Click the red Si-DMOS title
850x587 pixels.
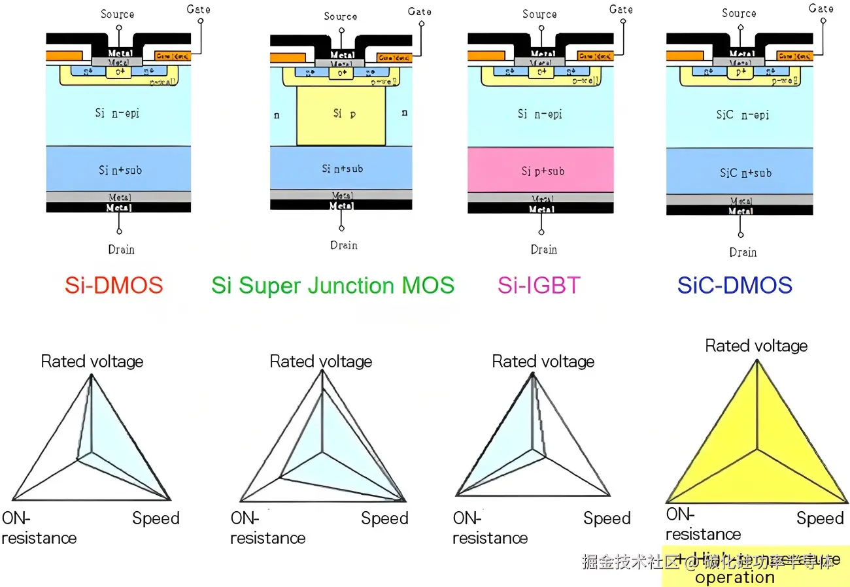point(114,286)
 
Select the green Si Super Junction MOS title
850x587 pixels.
point(333,286)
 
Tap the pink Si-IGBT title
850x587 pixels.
point(539,286)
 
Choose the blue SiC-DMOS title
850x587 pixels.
point(735,286)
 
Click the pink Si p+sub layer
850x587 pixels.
point(541,170)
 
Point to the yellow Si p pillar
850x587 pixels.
point(341,115)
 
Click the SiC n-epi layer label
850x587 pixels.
point(742,115)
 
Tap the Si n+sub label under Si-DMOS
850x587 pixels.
point(120,170)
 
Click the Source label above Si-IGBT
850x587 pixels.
point(539,14)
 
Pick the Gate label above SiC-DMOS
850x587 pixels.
point(821,8)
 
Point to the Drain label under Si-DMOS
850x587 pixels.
point(121,249)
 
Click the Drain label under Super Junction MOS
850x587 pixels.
point(343,245)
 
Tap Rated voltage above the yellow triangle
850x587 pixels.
point(756,346)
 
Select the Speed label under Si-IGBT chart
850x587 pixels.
point(607,518)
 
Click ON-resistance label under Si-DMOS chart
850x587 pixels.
point(39,528)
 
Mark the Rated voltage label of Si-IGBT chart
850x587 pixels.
point(543,361)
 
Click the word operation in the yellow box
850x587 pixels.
point(735,577)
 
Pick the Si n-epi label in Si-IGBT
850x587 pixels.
point(539,114)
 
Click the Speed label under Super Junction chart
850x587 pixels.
point(384,518)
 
